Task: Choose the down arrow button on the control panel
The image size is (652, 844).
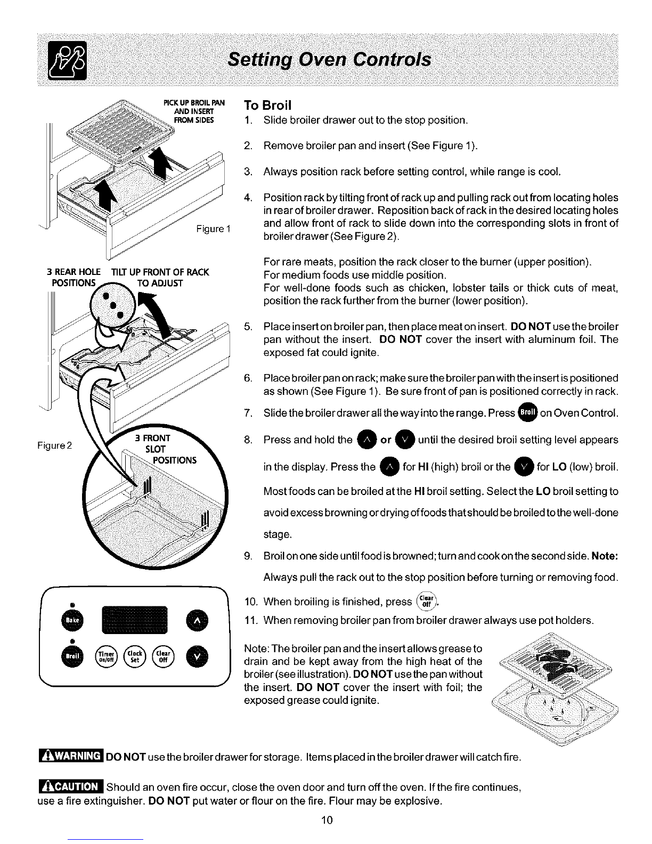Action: coord(197,655)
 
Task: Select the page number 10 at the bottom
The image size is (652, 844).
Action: coord(327,819)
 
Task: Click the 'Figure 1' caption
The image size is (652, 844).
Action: coord(212,229)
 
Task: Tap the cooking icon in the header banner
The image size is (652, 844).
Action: coord(68,61)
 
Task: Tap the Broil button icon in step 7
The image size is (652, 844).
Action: coord(527,413)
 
